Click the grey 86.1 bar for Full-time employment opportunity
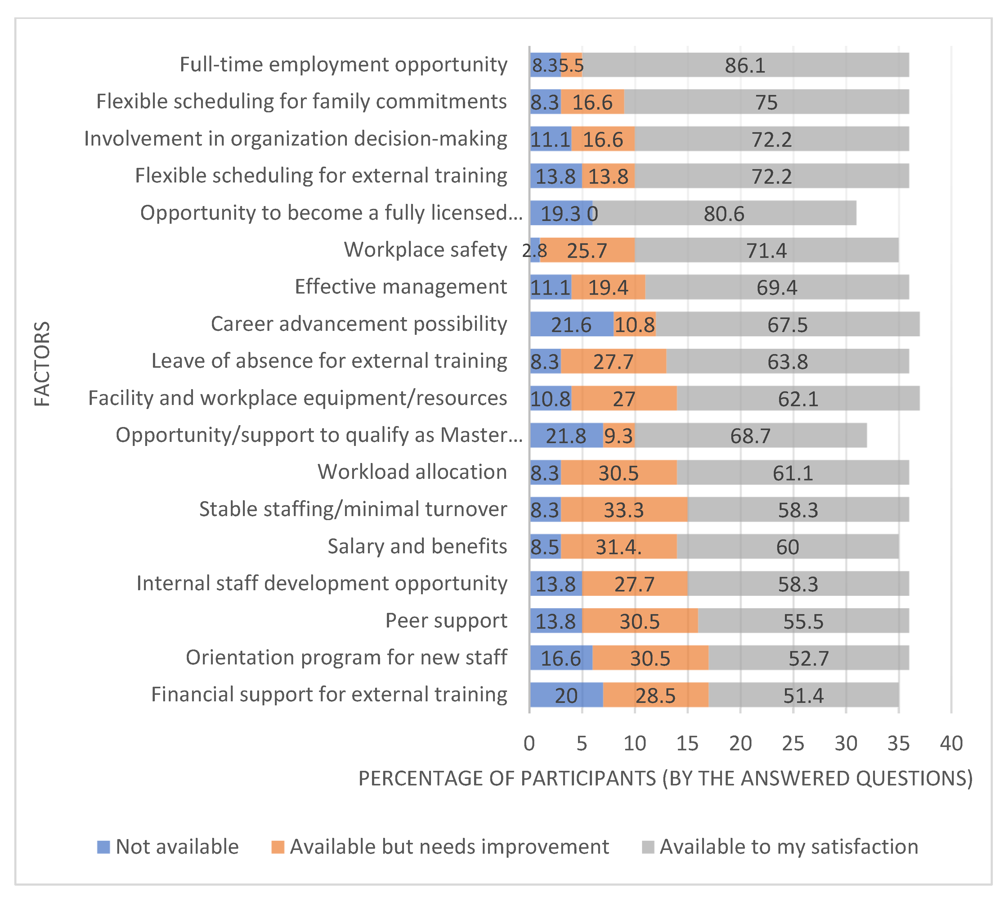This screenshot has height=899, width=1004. (x=745, y=65)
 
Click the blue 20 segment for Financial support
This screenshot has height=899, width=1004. (x=566, y=695)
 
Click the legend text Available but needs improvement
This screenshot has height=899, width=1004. (x=449, y=847)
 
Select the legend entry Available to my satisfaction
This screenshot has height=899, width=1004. (x=789, y=847)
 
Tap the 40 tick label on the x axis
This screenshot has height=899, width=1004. (x=951, y=743)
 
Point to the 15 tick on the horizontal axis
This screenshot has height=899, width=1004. (x=688, y=743)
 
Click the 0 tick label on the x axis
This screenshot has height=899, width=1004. (x=529, y=743)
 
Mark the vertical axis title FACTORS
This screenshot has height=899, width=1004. (x=43, y=364)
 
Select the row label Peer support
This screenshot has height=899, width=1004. (x=446, y=620)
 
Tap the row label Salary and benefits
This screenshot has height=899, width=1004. (x=417, y=546)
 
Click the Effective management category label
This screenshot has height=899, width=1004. (x=401, y=286)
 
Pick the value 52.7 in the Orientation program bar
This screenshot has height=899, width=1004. (x=809, y=658)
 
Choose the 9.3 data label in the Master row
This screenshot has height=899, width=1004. (x=618, y=436)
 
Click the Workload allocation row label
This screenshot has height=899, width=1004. (x=412, y=472)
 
